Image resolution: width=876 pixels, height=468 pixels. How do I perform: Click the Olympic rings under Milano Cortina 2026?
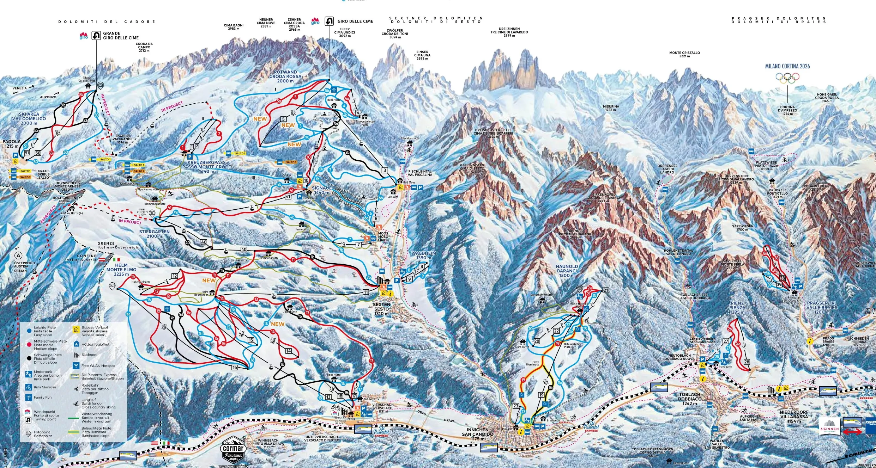point(787,78)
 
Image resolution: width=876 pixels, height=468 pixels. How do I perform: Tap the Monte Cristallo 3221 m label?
point(684,54)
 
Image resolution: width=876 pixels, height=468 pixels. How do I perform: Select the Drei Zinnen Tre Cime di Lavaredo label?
point(509,32)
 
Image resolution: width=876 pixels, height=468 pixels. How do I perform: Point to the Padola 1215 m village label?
point(12,144)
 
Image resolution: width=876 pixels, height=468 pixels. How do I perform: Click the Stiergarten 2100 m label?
point(155,234)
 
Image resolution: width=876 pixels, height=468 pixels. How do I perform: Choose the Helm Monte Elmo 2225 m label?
point(121,270)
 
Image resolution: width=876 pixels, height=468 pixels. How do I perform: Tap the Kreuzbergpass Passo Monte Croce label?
point(206,167)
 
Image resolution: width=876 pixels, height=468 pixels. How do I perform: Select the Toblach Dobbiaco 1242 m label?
point(689,399)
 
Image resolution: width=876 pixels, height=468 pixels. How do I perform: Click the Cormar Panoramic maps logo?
point(233,452)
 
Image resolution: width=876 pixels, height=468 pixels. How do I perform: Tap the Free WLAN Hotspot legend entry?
point(98,365)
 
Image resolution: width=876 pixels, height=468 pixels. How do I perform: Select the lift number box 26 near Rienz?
point(747,362)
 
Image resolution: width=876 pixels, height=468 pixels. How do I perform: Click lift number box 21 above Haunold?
point(606,290)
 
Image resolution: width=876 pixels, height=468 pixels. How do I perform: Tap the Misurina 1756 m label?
point(611,108)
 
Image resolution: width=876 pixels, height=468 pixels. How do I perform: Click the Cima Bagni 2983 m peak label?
point(234,27)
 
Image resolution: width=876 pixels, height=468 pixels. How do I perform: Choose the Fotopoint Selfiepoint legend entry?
point(43,434)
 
